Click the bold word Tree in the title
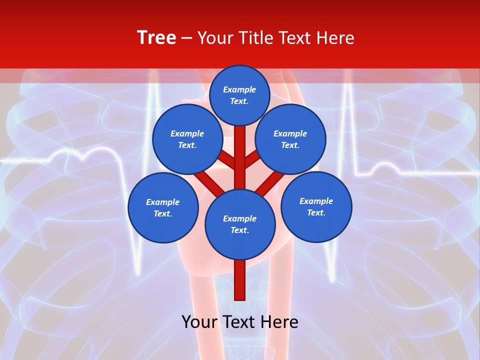(156, 38)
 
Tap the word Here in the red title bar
(335, 38)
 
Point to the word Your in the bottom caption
(199, 322)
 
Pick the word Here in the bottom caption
(279, 322)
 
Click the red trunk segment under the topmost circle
(240, 150)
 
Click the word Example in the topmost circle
(239, 90)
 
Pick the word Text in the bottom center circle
(239, 230)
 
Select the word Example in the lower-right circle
(316, 201)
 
